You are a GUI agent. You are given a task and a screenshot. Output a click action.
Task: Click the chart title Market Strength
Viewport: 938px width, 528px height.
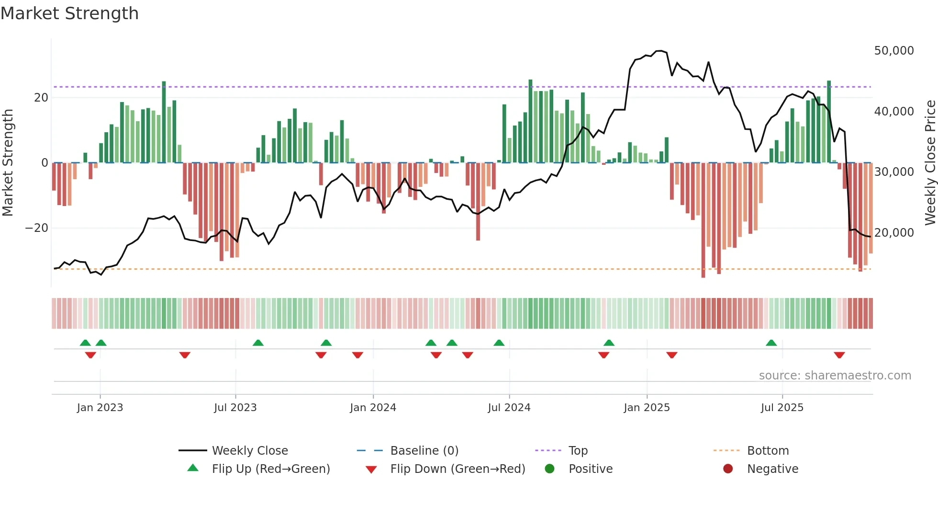(x=69, y=13)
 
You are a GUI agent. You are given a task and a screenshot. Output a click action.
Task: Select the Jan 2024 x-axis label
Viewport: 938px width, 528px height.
(x=373, y=408)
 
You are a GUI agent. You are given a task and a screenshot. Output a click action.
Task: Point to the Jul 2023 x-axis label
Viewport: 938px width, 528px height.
(x=235, y=408)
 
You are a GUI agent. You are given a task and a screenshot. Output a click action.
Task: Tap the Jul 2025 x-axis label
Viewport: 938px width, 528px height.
(x=782, y=408)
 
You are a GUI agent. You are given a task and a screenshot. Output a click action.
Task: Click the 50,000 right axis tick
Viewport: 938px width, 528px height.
(x=893, y=51)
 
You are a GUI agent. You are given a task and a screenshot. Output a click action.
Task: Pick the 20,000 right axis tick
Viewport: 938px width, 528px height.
(x=893, y=233)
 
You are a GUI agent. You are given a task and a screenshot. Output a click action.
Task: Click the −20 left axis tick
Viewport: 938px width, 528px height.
(x=37, y=228)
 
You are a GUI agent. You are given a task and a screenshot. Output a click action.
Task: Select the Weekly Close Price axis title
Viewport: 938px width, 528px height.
(x=930, y=162)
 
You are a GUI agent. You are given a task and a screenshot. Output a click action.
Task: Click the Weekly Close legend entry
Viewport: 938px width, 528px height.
(x=249, y=451)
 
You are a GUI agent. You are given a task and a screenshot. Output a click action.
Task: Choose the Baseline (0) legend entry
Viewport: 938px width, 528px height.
(x=424, y=451)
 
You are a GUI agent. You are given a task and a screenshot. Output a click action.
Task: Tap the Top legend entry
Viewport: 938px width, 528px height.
(x=578, y=451)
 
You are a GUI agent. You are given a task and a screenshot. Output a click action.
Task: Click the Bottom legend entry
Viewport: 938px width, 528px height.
(x=768, y=451)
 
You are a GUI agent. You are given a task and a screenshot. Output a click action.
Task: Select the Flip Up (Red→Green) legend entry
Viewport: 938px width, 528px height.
(x=270, y=469)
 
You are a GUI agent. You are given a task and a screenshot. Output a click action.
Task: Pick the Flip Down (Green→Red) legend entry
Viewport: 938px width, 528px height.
(x=457, y=469)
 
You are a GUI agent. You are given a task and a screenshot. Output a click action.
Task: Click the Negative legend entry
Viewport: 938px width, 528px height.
(x=772, y=469)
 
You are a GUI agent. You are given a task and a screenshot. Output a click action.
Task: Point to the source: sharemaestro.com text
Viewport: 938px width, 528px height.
(x=835, y=376)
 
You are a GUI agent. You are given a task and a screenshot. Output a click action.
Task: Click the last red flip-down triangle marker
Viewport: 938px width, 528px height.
(x=839, y=355)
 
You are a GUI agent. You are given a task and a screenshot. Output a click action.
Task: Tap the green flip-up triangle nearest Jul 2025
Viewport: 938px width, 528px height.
(x=771, y=343)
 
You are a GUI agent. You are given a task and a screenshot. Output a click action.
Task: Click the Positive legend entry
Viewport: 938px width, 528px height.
(x=590, y=469)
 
